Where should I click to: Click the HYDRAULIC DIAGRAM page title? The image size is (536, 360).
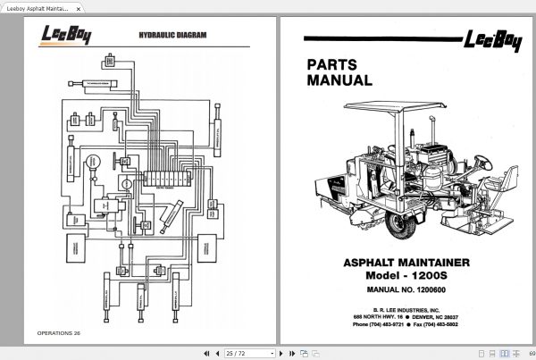(173, 36)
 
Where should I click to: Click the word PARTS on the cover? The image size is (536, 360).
(332, 64)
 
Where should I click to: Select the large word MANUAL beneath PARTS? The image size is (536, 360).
(339, 80)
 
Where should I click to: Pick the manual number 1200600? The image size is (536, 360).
(407, 292)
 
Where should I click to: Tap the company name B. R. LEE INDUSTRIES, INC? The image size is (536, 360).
(407, 306)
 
